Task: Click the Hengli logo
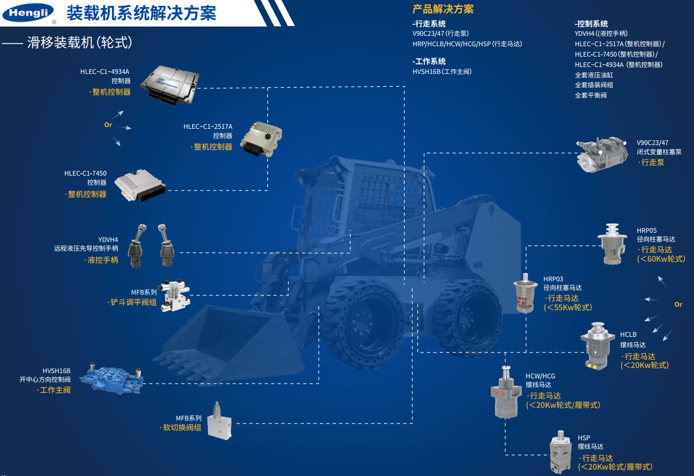[28, 13]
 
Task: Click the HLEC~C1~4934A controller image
[169, 85]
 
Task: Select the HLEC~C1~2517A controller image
[261, 139]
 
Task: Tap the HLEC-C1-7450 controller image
[140, 185]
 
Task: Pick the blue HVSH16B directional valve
[111, 377]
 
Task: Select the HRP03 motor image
[525, 293]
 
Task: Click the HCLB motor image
[597, 346]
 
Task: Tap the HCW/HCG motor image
[506, 392]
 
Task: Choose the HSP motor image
[561, 452]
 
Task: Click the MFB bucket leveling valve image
[174, 295]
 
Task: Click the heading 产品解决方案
[443, 9]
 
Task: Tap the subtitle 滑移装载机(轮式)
[80, 42]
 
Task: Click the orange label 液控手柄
[103, 260]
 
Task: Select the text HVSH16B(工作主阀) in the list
[442, 72]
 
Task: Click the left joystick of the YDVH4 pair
[137, 246]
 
